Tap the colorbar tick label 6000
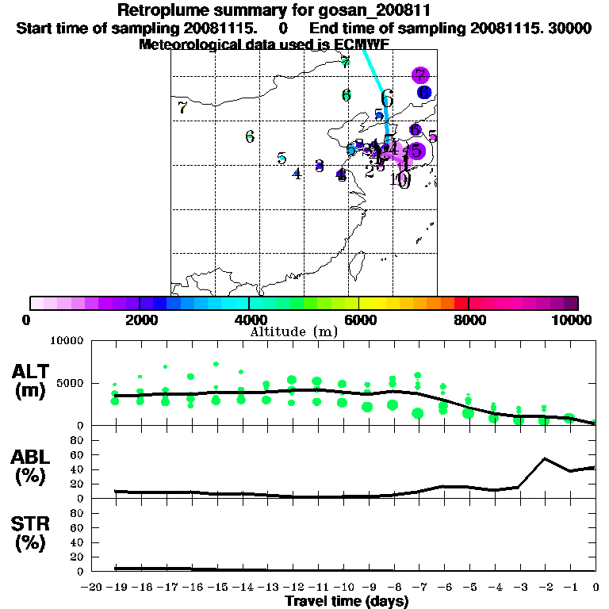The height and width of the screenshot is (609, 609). [x=358, y=320]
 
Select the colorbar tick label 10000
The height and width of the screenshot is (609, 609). [x=573, y=320]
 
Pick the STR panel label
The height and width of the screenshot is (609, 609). [x=30, y=533]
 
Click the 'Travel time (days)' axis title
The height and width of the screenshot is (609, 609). [x=347, y=601]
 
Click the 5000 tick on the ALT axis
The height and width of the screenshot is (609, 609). [x=69, y=382]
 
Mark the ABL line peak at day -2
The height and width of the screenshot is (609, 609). [x=545, y=458]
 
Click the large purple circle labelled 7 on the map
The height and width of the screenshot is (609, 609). [x=420, y=76]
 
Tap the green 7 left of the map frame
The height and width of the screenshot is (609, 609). [x=183, y=108]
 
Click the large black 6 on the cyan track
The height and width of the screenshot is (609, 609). [x=387, y=98]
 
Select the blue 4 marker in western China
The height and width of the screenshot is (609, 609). [x=297, y=174]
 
